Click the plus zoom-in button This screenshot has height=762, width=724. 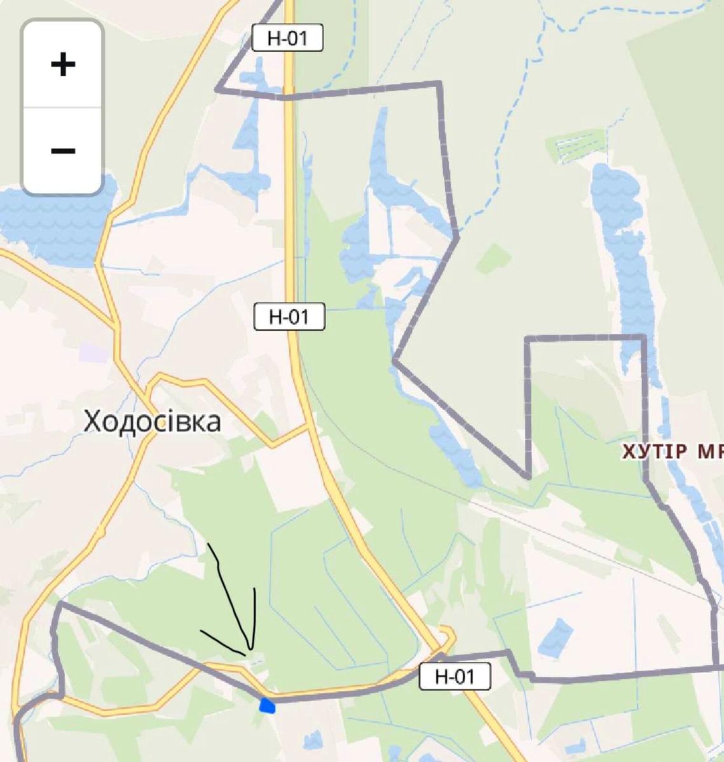pyautogui.click(x=62, y=64)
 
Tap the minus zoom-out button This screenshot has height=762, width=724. pyautogui.click(x=62, y=150)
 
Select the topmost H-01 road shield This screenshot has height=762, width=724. pyautogui.click(x=287, y=38)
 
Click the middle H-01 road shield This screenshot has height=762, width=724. pyautogui.click(x=289, y=317)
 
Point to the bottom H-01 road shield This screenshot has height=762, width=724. pyautogui.click(x=455, y=676)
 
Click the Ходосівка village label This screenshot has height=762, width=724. pyautogui.click(x=153, y=421)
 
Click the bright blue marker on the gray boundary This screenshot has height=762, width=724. pyautogui.click(x=268, y=705)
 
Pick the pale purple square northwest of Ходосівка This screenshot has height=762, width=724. pyautogui.click(x=94, y=353)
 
